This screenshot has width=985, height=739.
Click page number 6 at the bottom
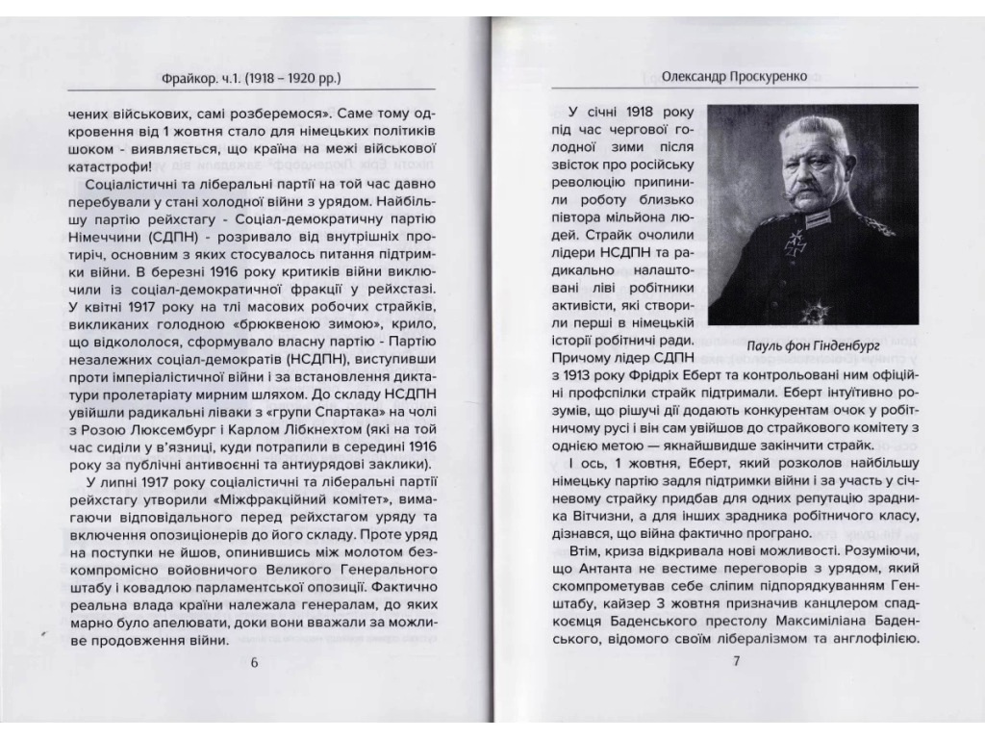pos(254,662)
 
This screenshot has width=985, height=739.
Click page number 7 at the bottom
pos(736,662)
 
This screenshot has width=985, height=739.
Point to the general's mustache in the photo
pos(806,196)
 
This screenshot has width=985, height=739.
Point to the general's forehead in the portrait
pos(806,143)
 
